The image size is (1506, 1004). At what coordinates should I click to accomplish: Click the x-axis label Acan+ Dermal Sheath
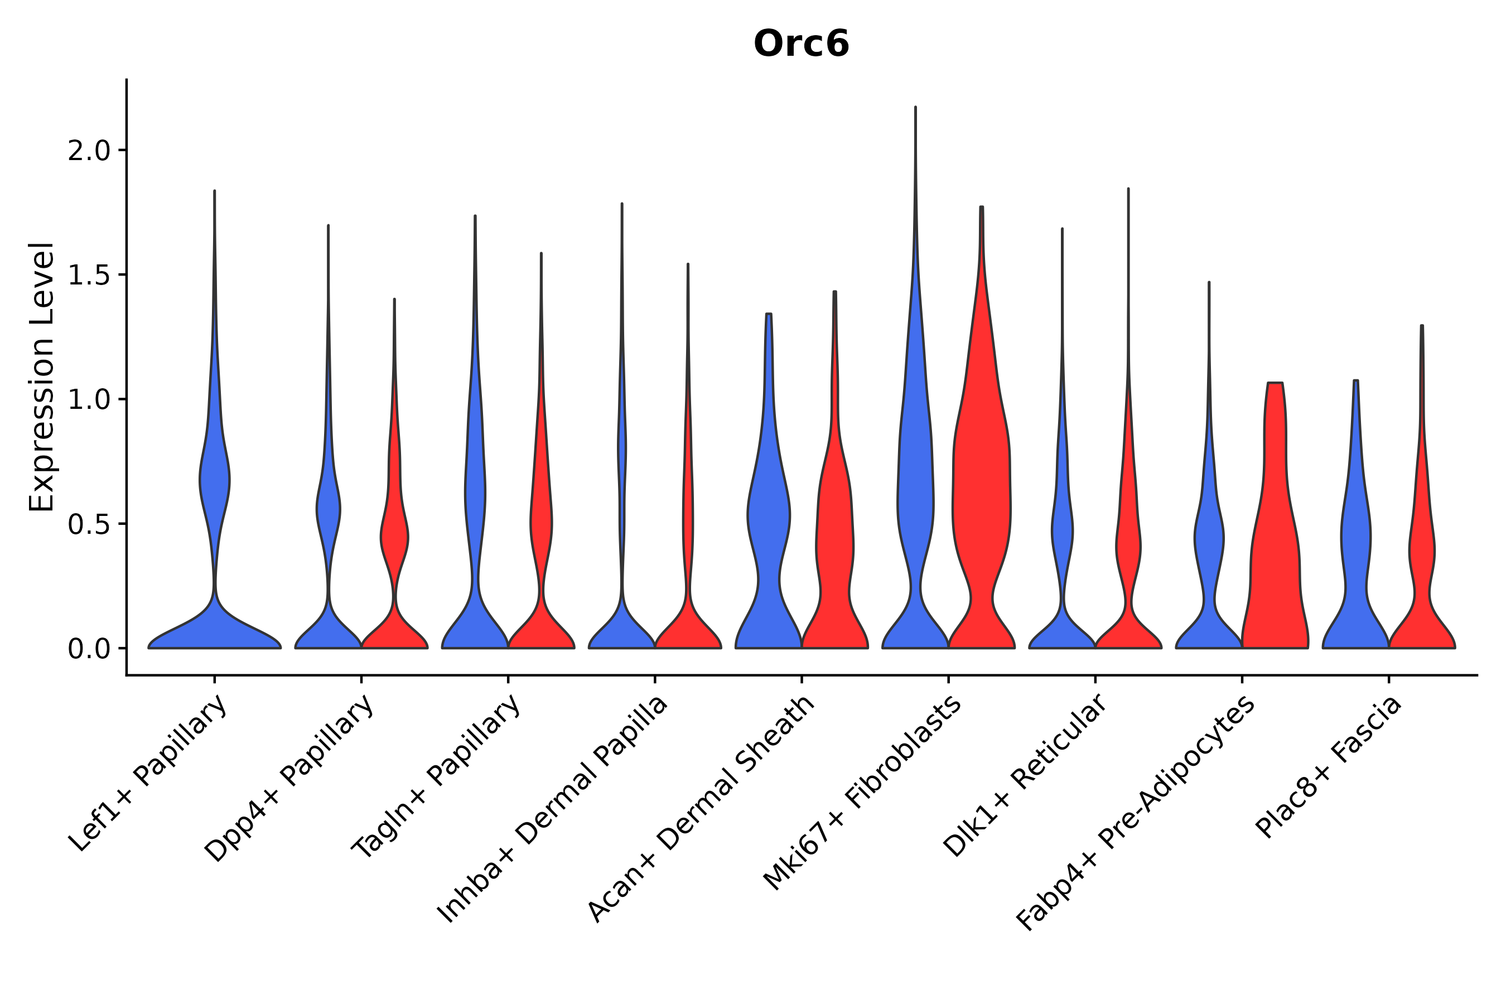(x=701, y=809)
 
